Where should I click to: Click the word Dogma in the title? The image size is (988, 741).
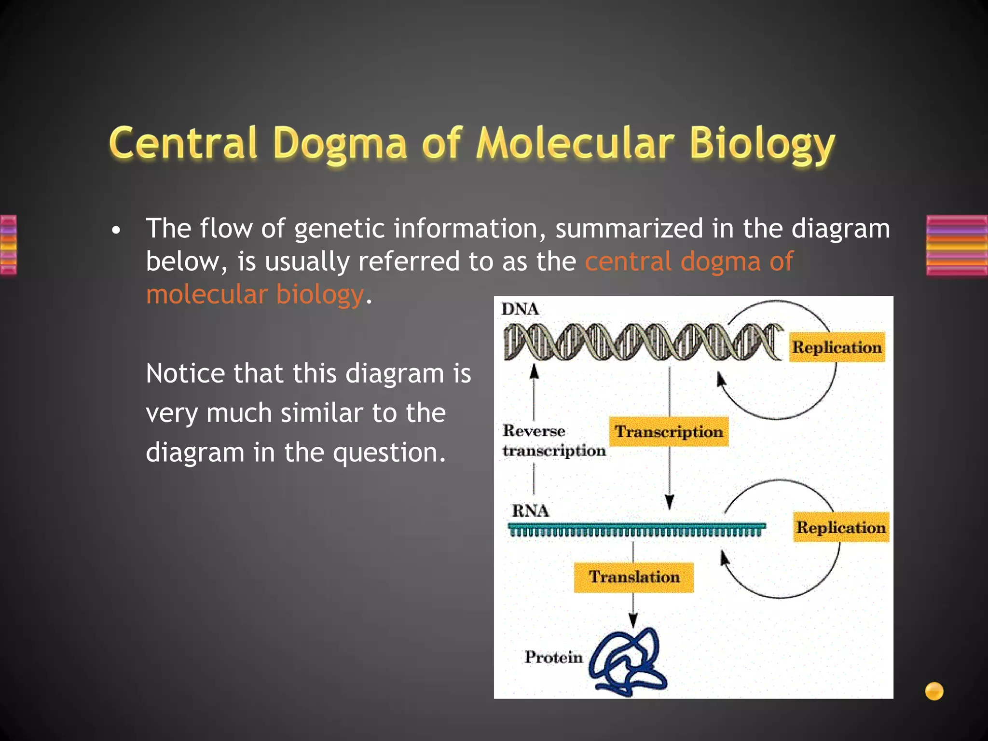[340, 144]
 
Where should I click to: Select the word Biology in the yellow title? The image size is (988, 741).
[762, 144]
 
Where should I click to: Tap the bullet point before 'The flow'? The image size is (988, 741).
[115, 231]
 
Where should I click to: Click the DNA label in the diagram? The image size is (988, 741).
[520, 309]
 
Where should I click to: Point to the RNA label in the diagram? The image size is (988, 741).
[530, 510]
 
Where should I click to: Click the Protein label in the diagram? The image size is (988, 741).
[553, 657]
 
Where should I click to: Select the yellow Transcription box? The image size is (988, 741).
[669, 431]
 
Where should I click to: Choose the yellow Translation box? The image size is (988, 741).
[634, 577]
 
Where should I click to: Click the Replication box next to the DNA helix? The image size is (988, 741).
[837, 347]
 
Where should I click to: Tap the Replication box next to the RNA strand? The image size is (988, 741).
[841, 527]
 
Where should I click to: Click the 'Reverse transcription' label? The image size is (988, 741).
[553, 440]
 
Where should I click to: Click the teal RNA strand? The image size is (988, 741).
[636, 530]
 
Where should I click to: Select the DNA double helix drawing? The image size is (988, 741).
[642, 342]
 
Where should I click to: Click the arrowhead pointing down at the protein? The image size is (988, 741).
[633, 619]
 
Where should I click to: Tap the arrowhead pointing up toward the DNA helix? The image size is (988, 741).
[534, 371]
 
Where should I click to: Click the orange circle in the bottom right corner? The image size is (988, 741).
[934, 691]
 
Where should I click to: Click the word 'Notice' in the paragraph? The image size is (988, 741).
[185, 374]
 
